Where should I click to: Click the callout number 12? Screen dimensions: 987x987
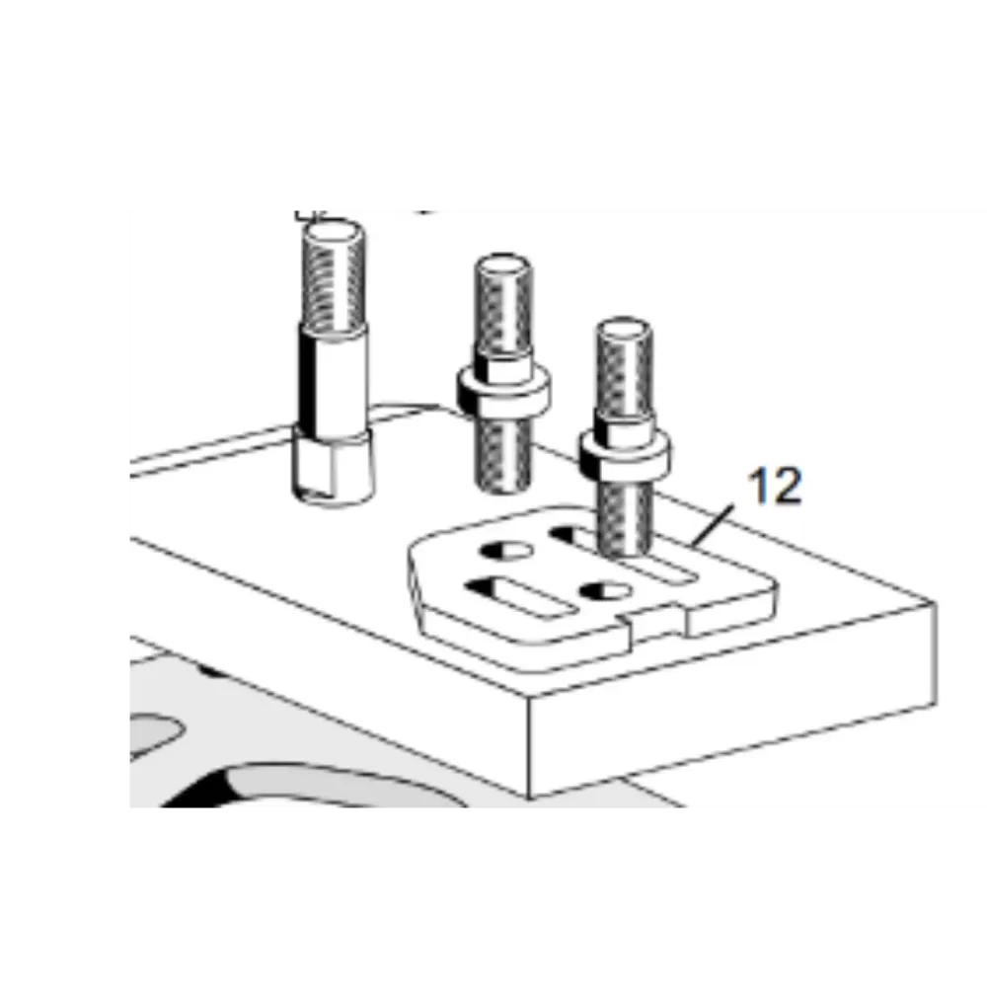click(x=775, y=486)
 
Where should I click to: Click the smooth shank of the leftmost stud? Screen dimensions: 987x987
click(x=334, y=380)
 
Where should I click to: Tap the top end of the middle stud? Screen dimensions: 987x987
click(x=503, y=265)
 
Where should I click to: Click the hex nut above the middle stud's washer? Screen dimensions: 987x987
click(x=503, y=367)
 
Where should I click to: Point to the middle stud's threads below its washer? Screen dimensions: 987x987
click(x=503, y=453)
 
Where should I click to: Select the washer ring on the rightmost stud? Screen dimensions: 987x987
click(x=625, y=454)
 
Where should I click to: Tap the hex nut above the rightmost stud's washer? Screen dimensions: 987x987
click(x=625, y=428)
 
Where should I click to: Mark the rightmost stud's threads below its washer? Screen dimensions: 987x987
click(x=625, y=515)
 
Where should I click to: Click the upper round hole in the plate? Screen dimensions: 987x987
click(x=506, y=551)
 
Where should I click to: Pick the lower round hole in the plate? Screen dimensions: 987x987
click(x=605, y=591)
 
